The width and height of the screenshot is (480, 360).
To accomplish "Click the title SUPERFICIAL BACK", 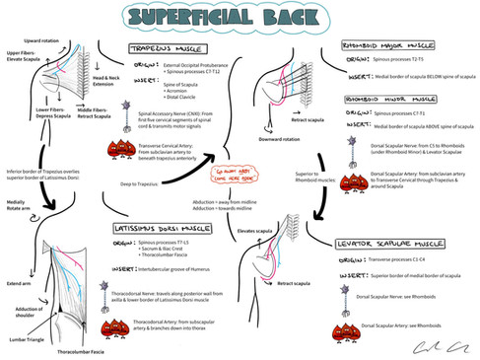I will pos(239,19).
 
